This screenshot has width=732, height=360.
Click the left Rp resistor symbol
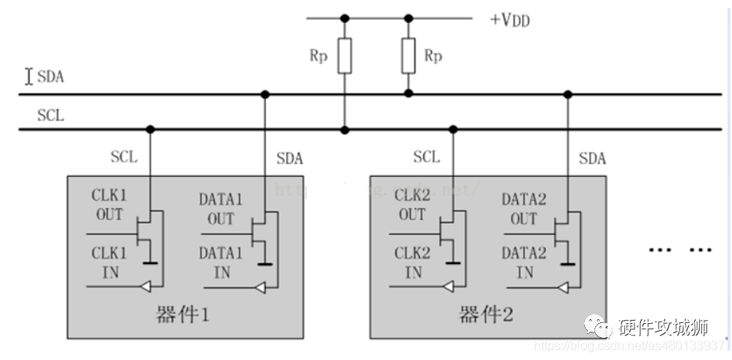click(344, 56)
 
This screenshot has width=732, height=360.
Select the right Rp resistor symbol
click(407, 55)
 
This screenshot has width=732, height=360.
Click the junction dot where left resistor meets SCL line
click(344, 129)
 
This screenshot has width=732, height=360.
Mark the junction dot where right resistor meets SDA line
click(407, 94)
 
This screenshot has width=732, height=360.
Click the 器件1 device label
click(182, 315)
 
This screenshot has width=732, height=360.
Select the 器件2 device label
click(486, 315)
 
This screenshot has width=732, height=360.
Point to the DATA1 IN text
click(220, 263)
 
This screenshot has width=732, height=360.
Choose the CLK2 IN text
click(413, 263)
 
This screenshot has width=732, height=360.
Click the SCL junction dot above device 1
click(149, 129)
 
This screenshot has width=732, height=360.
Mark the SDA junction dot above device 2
click(567, 94)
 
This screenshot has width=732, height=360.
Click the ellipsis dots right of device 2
click(679, 249)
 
